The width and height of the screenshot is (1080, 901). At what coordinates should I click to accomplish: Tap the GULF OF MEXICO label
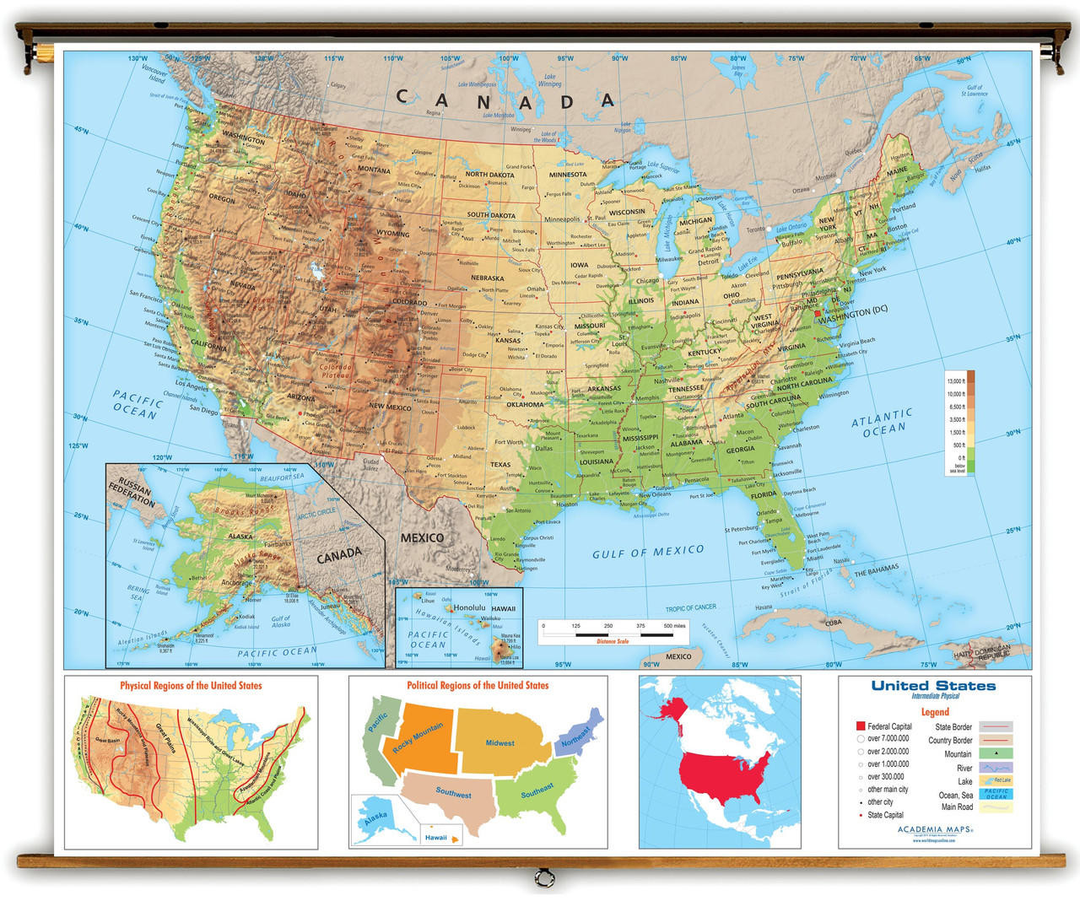click(647, 552)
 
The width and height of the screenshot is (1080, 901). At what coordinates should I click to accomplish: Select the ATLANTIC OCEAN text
click(883, 423)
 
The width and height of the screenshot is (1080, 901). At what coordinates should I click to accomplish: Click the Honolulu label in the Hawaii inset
click(469, 607)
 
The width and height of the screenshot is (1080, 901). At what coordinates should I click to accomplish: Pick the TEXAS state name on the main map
click(500, 464)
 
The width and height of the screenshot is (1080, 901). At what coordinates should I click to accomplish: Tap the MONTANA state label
click(374, 170)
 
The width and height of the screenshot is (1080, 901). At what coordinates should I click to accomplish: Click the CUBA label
click(833, 623)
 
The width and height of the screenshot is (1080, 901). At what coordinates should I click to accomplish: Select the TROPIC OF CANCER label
click(690, 607)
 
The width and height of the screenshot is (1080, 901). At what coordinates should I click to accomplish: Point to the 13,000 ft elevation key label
click(956, 381)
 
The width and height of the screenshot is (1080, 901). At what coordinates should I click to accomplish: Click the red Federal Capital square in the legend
click(861, 726)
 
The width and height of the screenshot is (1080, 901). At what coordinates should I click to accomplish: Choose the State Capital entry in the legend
click(885, 815)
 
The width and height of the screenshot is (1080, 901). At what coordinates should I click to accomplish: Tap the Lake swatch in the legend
click(996, 780)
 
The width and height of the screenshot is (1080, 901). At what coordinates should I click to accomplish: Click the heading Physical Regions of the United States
click(191, 686)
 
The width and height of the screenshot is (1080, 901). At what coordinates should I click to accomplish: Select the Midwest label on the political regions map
click(499, 743)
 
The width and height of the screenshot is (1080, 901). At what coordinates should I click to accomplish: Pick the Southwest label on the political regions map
click(453, 792)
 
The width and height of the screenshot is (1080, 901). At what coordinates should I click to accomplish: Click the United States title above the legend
click(933, 686)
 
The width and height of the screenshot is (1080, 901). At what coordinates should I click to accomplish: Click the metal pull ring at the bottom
click(540, 880)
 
